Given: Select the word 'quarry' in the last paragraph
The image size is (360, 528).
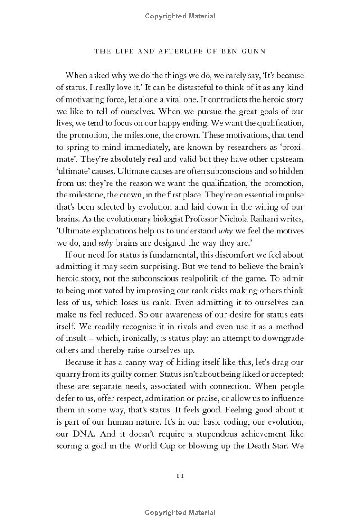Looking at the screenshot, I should coord(69,374).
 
